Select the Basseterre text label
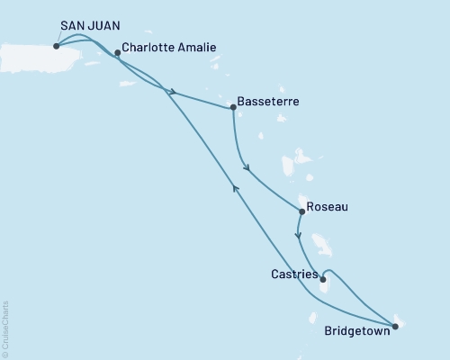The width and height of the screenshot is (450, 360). click(269, 102)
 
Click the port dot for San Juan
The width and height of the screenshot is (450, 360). click(56, 46)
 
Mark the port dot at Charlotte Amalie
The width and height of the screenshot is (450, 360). click(118, 53)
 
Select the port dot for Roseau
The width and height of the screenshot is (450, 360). click(301, 211)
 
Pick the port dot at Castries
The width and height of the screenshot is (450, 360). click(322, 279)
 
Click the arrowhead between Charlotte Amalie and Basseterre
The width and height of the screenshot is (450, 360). click(171, 92)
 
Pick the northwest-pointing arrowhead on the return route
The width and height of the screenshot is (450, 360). click(236, 186)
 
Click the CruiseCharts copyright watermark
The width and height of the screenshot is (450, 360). click(6, 328)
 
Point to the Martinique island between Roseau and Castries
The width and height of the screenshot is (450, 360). click(319, 245)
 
